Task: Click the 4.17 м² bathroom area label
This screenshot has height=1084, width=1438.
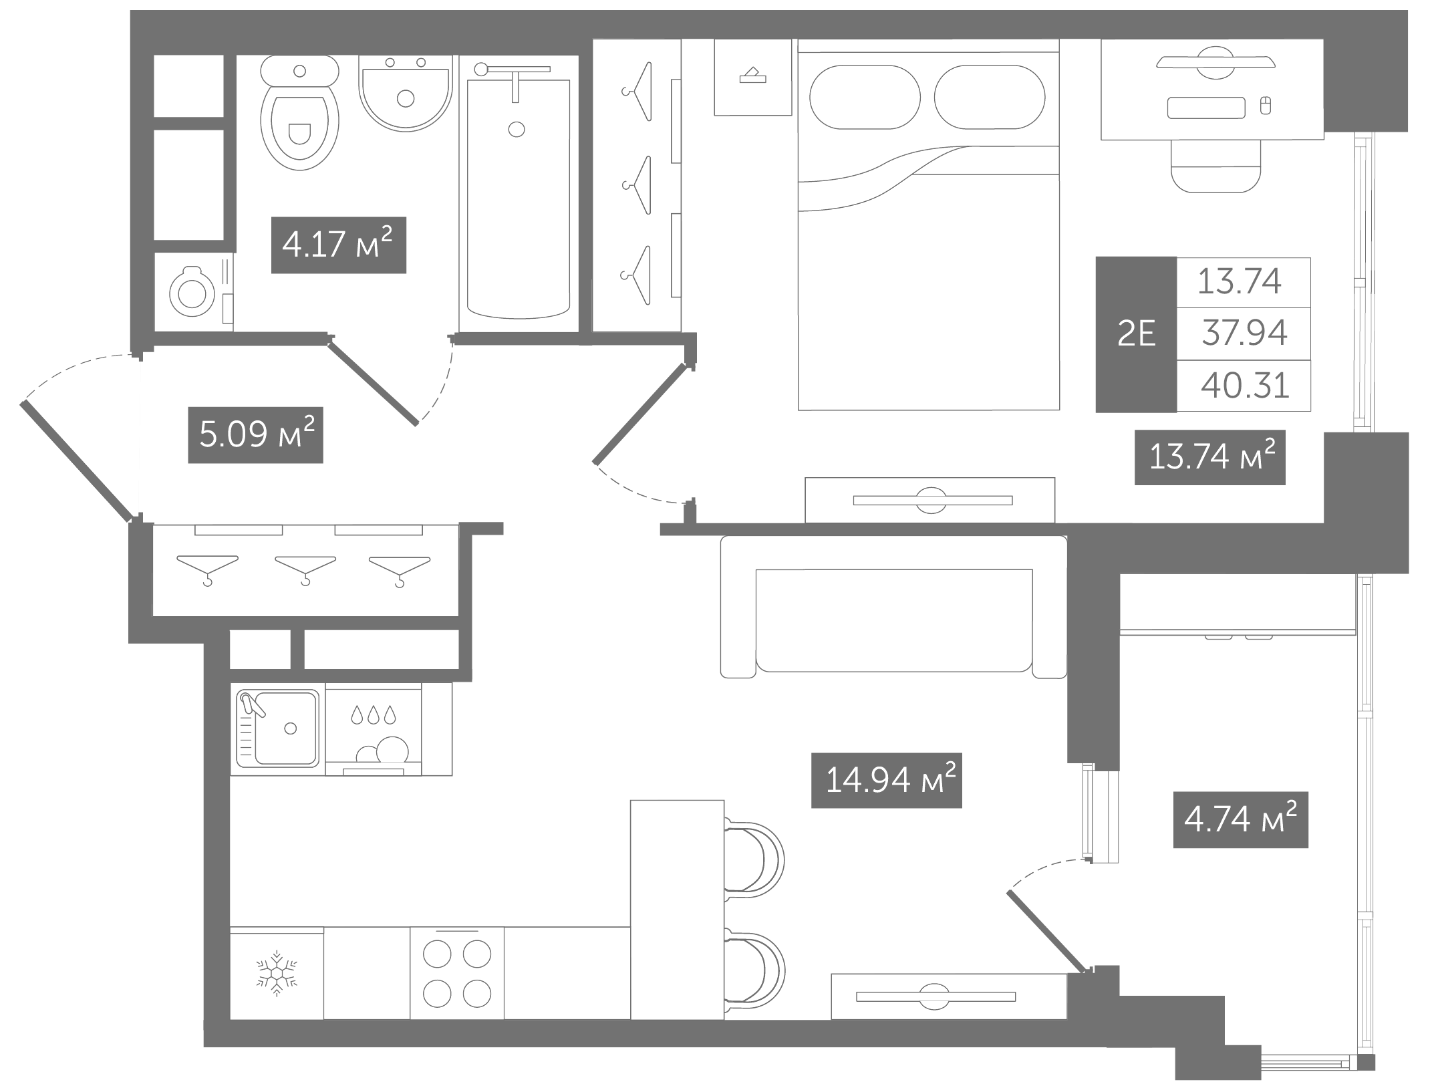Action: [x=339, y=245]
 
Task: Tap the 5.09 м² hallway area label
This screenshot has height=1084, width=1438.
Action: [x=256, y=435]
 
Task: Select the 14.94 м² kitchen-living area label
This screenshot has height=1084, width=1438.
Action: [x=887, y=780]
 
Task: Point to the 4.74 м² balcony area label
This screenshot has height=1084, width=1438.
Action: [x=1241, y=820]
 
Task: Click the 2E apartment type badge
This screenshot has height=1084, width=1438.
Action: [x=1136, y=334]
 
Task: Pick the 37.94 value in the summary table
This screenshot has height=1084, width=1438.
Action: [x=1244, y=333]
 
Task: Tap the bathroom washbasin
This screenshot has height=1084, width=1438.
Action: [x=406, y=93]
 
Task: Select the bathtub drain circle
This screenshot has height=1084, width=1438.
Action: [x=517, y=129]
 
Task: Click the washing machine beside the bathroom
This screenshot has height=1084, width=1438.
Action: [x=194, y=292]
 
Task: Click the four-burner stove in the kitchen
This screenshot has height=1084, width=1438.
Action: [x=457, y=973]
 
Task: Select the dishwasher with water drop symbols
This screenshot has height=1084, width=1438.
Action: [x=374, y=728]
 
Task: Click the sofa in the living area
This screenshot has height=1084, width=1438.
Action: [x=894, y=607]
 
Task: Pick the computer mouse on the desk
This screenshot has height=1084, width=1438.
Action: [x=1265, y=106]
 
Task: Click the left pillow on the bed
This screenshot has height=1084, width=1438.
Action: [x=865, y=97]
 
